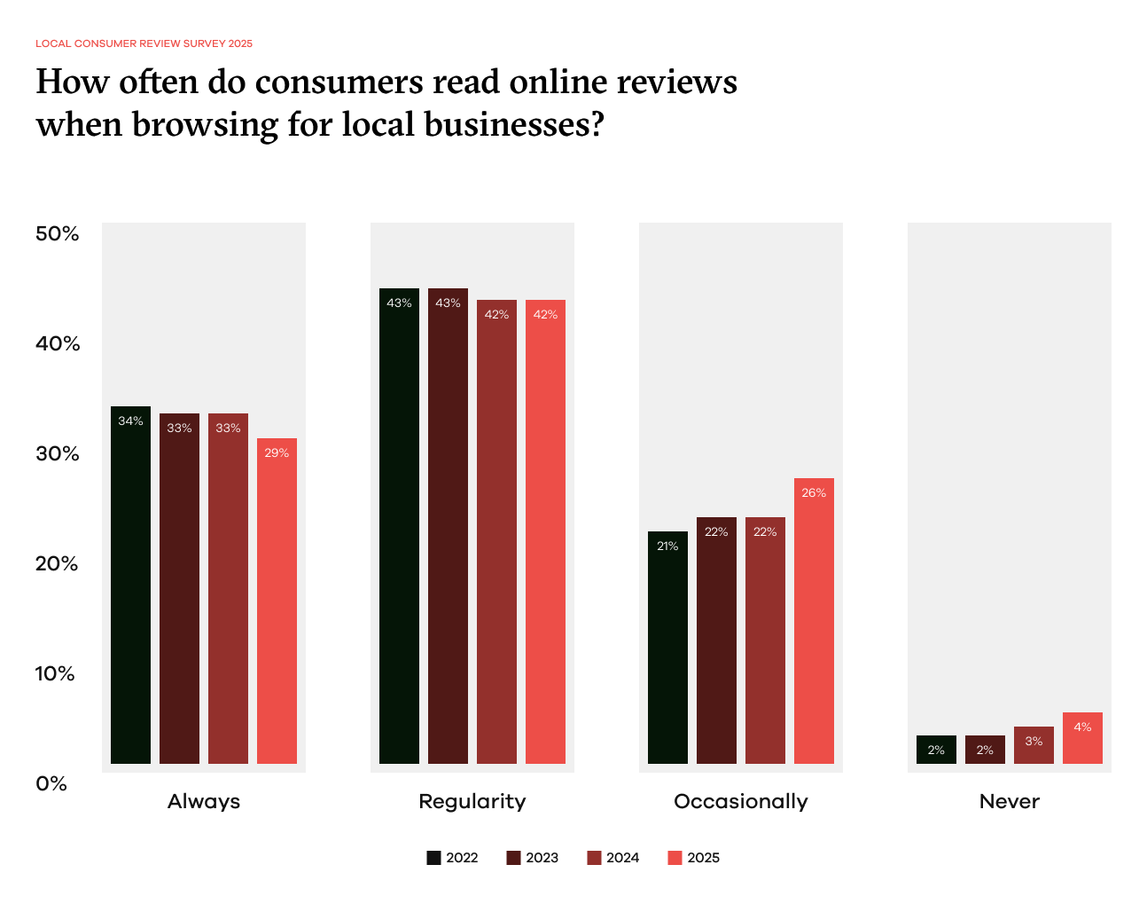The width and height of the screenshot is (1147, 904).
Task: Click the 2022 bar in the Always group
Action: tap(130, 586)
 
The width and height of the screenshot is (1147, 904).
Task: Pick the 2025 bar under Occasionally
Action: tap(814, 621)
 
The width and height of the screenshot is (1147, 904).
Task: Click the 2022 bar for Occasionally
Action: tap(667, 648)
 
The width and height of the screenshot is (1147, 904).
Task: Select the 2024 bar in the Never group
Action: tap(1034, 745)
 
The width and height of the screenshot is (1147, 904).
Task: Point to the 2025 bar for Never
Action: tap(1082, 738)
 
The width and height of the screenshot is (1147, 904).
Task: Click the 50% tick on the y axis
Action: tap(58, 233)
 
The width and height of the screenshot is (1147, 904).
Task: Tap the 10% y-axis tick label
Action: tap(55, 673)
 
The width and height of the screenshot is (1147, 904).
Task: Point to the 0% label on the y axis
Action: tap(51, 783)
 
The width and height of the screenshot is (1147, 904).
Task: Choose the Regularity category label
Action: tap(472, 801)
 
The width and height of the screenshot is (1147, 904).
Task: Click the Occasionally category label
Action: tap(741, 801)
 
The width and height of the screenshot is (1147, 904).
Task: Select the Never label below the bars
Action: tap(1009, 801)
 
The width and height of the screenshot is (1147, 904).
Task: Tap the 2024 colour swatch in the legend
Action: tap(594, 858)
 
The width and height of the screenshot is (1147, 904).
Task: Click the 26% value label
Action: tap(814, 493)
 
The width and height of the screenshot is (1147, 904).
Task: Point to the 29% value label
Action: tap(277, 453)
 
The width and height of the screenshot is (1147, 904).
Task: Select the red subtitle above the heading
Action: tap(144, 43)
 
